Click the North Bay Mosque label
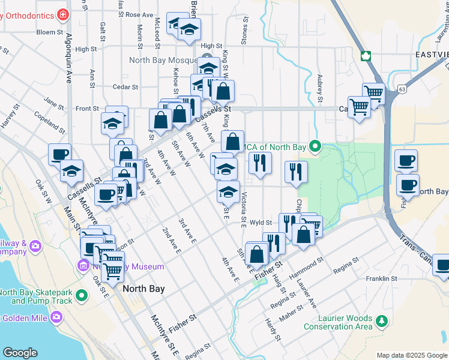(161, 61)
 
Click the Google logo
(20, 353)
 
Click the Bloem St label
(50, 32)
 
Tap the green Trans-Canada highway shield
(365, 56)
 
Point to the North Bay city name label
(143, 289)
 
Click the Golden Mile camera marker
(56, 316)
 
